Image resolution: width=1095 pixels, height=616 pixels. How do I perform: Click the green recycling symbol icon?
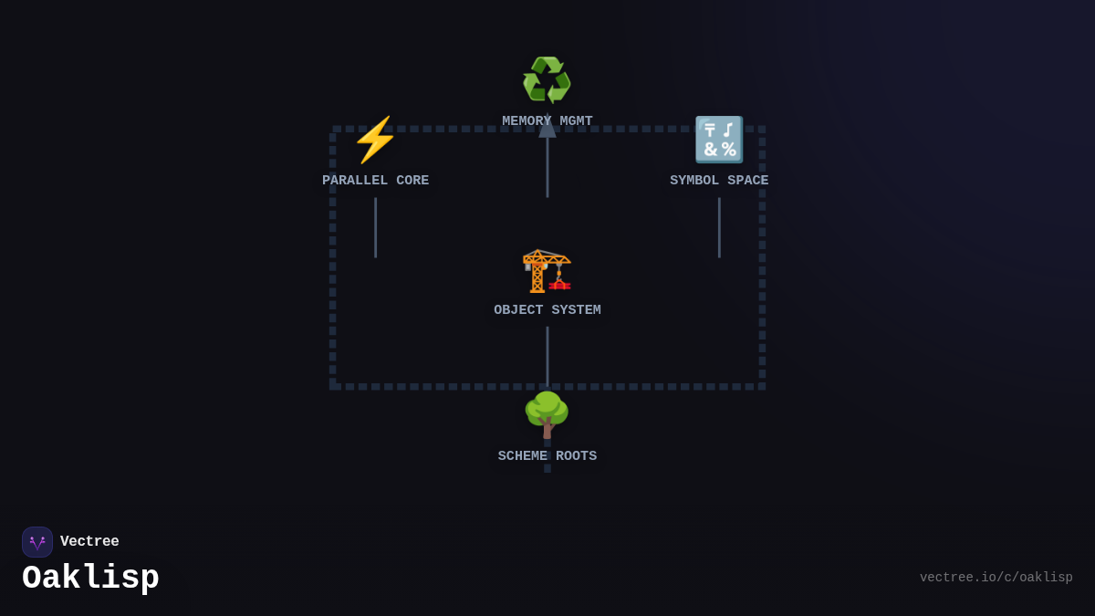pyautogui.click(x=547, y=80)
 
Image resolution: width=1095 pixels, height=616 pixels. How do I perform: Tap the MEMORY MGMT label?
pyautogui.click(x=547, y=121)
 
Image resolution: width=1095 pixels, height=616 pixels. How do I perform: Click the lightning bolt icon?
pyautogui.click(x=375, y=140)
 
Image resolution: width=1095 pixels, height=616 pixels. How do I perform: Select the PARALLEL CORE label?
pyautogui.click(x=375, y=181)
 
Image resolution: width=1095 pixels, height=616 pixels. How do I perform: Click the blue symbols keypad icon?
pyautogui.click(x=719, y=140)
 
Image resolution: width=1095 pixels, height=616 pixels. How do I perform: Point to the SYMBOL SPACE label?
pyautogui.click(x=719, y=181)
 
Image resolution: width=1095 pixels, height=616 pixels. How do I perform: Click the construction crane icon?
pyautogui.click(x=547, y=270)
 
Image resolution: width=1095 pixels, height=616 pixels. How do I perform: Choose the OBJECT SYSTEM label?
pyautogui.click(x=547, y=310)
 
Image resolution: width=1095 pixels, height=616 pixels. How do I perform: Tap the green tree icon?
pyautogui.click(x=547, y=414)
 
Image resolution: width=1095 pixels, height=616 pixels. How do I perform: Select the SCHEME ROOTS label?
pyautogui.click(x=547, y=456)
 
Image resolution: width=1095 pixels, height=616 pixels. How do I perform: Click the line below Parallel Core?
pyautogui.click(x=375, y=228)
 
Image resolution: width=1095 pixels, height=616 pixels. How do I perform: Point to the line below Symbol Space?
pyautogui.click(x=719, y=228)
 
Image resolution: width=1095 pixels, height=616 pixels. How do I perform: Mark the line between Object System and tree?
pyautogui.click(x=547, y=356)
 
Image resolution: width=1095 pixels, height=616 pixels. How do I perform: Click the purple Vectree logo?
pyautogui.click(x=37, y=542)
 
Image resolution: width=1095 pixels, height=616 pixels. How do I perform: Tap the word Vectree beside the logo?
pyautogui.click(x=89, y=542)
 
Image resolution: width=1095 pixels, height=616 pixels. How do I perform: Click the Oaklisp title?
pyautogui.click(x=90, y=578)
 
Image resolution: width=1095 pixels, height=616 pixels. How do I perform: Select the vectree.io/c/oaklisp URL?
pyautogui.click(x=996, y=578)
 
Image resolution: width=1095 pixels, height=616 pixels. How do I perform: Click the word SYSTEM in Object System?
pyautogui.click(x=574, y=310)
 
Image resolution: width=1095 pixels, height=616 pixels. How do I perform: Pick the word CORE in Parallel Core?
pyautogui.click(x=412, y=181)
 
